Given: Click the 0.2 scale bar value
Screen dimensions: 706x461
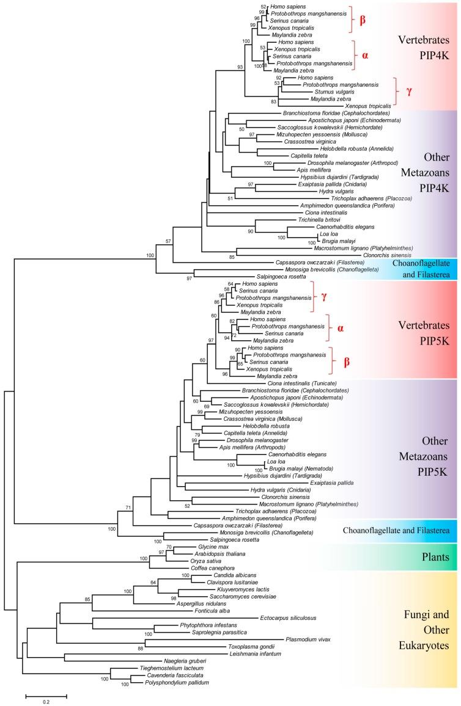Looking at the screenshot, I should coord(46,702).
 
